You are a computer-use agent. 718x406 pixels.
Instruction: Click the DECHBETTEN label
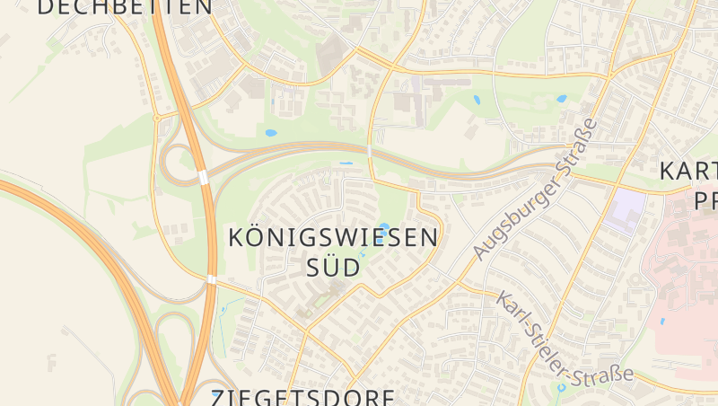pyautogui.click(x=126, y=7)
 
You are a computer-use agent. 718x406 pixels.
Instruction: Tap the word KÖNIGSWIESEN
pyautogui.click(x=334, y=237)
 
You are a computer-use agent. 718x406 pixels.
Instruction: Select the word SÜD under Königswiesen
pyautogui.click(x=334, y=267)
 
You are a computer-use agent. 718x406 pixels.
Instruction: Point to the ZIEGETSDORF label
pyautogui.click(x=303, y=397)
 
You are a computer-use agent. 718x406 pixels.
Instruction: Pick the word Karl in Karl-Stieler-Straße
pyautogui.click(x=512, y=309)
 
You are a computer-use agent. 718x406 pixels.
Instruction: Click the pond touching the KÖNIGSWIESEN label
pyautogui.click(x=385, y=227)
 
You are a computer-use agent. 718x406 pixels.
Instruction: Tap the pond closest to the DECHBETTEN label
pyautogui.click(x=271, y=133)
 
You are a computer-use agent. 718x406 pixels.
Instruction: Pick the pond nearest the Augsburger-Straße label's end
pyautogui.click(x=562, y=99)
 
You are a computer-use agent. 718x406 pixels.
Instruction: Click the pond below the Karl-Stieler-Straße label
pyautogui.click(x=560, y=388)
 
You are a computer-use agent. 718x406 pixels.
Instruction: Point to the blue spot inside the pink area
pyautogui.click(x=662, y=321)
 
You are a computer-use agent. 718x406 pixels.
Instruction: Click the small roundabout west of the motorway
pyautogui.click(x=156, y=117)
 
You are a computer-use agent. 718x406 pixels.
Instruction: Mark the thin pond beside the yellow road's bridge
pyautogui.click(x=346, y=163)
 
